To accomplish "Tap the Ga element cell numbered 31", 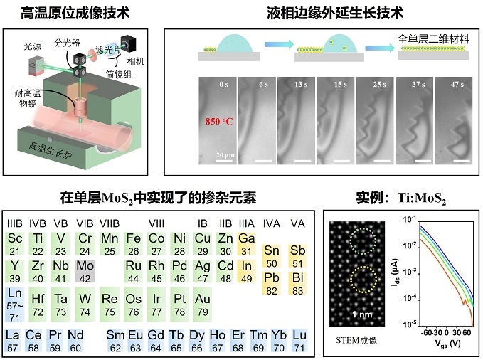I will [247, 243].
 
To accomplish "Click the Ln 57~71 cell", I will [14, 300].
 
